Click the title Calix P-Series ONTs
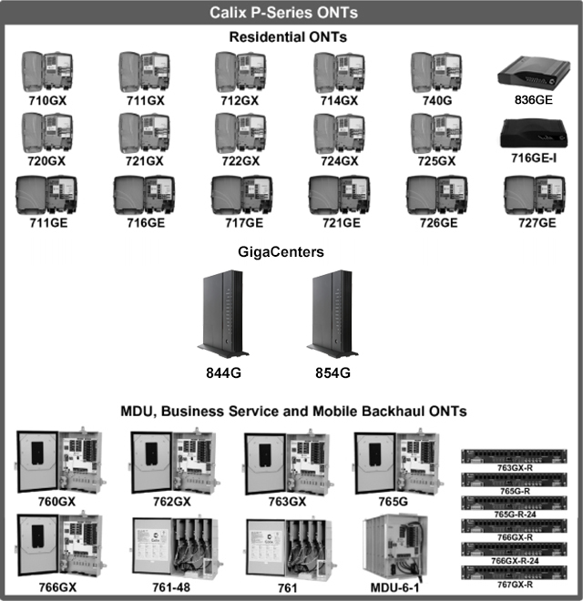(x=291, y=13)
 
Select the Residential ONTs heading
(x=291, y=37)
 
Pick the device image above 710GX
(x=48, y=69)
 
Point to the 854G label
(x=332, y=373)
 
